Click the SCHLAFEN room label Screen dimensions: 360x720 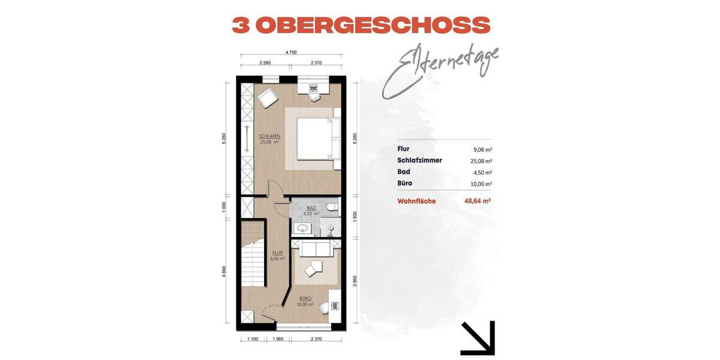[x=270, y=136]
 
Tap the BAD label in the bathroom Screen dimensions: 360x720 [x=311, y=208]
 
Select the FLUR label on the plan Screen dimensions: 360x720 [x=277, y=253]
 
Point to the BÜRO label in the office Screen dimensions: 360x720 [x=305, y=298]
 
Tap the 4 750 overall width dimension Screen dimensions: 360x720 [x=291, y=52]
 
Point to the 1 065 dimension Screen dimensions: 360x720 [x=278, y=340]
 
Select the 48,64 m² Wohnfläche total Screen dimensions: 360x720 [x=478, y=202]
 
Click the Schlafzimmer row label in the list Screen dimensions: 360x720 [x=419, y=161]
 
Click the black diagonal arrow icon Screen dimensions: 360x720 [x=478, y=338]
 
